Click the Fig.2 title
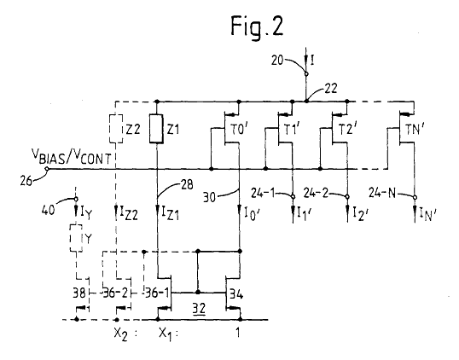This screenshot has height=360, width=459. (257, 26)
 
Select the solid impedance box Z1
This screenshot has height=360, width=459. (157, 129)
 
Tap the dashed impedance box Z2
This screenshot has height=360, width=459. (116, 129)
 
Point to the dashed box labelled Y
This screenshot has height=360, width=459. (77, 239)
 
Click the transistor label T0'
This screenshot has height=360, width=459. (240, 130)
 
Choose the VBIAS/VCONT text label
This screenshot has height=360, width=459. (72, 157)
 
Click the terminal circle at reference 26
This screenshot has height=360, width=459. (47, 169)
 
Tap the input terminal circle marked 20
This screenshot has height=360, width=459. (306, 74)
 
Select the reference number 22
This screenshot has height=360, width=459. (331, 88)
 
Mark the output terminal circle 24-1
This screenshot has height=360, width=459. (293, 197)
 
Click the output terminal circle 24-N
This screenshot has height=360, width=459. (415, 197)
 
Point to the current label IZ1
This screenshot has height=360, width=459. (170, 212)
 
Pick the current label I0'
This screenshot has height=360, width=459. (251, 212)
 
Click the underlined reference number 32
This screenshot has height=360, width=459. (199, 309)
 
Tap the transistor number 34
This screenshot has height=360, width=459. (236, 293)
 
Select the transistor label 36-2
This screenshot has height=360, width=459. (115, 293)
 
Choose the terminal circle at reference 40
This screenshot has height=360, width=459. (76, 199)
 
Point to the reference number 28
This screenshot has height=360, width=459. (187, 184)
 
